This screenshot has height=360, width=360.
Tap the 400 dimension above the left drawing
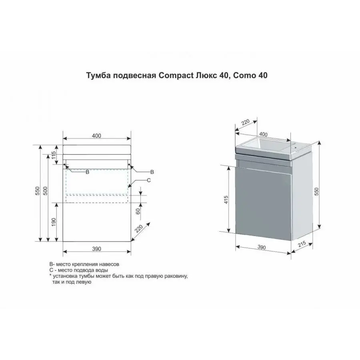pyautogui.click(x=96, y=136)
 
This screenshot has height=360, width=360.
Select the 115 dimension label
pyautogui.click(x=54, y=156)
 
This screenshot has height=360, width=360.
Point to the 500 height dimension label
pyautogui.click(x=46, y=191)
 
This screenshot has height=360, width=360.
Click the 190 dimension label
pyautogui.click(x=54, y=222)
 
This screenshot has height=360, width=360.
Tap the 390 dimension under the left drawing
pyautogui.click(x=96, y=249)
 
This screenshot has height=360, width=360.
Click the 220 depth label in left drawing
pyautogui.click(x=139, y=229)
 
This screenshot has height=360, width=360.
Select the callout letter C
pyautogui.click(x=149, y=180)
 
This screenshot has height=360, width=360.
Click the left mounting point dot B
pyautogui.click(x=64, y=165)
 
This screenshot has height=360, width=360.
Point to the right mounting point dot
pyautogui.click(x=129, y=165)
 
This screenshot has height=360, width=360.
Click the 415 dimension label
pyautogui.click(x=226, y=200)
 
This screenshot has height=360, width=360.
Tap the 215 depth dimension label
pyautogui.click(x=302, y=244)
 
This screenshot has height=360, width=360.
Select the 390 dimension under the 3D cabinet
pyautogui.click(x=262, y=247)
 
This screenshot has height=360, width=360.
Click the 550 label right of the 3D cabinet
pyautogui.click(x=317, y=192)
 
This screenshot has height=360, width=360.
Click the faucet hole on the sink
pyautogui.click(x=295, y=148)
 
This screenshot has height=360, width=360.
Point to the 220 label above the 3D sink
pyautogui.click(x=245, y=122)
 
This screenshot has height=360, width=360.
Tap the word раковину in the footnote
pyautogui.click(x=178, y=276)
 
